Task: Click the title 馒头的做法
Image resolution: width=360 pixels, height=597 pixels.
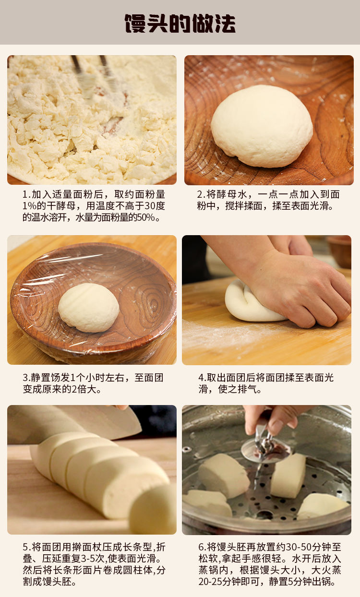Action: pos(180,24)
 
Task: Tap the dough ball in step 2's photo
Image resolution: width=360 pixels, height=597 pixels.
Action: pos(262,126)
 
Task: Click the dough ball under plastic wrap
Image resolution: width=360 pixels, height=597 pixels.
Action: pos(88,307)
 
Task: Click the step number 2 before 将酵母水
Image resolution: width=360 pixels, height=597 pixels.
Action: pos(200,194)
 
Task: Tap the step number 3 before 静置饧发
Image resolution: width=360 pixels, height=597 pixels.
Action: pos(25,378)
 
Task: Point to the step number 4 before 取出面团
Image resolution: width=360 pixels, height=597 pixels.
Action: pos(201,378)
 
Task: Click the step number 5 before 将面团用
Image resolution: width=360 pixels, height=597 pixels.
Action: pos(25,547)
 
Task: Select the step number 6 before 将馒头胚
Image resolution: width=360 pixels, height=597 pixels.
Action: pos(201,547)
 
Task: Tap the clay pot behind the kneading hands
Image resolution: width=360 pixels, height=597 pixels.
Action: pos(339,251)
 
